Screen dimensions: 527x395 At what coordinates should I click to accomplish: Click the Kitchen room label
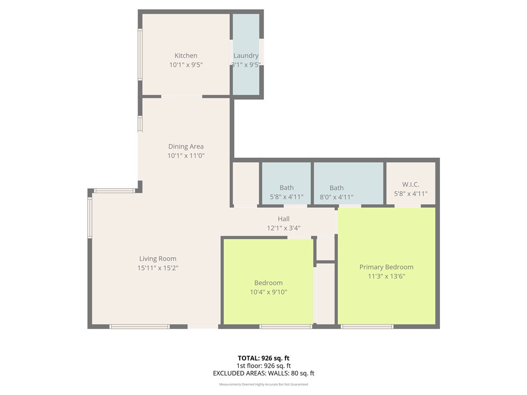click(x=186, y=56)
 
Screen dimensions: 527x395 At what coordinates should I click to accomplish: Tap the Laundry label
click(x=246, y=56)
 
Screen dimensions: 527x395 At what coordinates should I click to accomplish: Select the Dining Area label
click(x=186, y=147)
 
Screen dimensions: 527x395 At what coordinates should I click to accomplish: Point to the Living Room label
click(x=157, y=259)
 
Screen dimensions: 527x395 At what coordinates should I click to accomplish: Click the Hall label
click(x=284, y=219)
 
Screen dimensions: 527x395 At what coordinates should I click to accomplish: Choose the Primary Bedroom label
click(x=387, y=267)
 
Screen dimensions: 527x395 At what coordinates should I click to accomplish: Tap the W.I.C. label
click(x=411, y=185)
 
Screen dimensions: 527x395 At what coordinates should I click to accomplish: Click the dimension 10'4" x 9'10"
click(x=268, y=292)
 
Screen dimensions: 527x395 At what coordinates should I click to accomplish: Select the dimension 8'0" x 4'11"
click(x=337, y=197)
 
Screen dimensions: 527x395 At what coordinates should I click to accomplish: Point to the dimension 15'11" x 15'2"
click(x=157, y=268)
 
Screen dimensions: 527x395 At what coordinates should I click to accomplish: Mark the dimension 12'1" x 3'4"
click(x=284, y=228)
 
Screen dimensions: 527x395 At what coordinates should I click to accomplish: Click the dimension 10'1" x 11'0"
click(x=186, y=155)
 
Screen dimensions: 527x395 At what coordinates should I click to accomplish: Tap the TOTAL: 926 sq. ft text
click(x=263, y=358)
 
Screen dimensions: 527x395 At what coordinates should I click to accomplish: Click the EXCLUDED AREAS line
click(x=263, y=373)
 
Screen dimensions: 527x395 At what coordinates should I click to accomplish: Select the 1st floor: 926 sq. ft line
click(x=263, y=366)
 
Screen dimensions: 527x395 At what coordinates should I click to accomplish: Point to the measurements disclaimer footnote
click(x=263, y=384)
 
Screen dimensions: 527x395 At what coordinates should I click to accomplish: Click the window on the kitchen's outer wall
click(x=140, y=55)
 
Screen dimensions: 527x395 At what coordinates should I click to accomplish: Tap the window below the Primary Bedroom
click(x=367, y=327)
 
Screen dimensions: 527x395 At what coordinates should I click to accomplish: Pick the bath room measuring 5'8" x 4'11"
click(x=287, y=183)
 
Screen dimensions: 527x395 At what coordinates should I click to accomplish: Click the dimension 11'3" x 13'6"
click(x=387, y=276)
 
